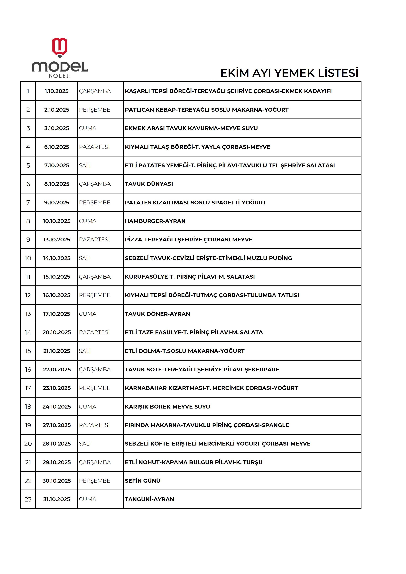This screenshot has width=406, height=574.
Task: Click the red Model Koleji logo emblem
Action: tap(59, 47)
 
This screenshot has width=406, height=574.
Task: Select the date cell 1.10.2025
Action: tap(56, 91)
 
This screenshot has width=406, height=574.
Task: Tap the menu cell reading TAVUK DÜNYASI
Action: tap(149, 184)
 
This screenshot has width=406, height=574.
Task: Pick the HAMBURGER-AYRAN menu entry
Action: tap(155, 221)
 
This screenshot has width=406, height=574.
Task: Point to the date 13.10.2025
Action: tap(56, 239)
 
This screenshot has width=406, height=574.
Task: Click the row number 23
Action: tap(28, 499)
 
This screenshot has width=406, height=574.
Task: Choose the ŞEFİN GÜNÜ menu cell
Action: tap(142, 481)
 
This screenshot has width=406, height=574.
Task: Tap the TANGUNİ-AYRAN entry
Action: tap(149, 499)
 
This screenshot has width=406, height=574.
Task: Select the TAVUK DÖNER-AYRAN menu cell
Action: tap(157, 314)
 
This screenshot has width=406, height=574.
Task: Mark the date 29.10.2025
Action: tap(56, 462)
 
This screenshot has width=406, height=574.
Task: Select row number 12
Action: tap(28, 295)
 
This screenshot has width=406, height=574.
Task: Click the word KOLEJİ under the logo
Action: tap(60, 75)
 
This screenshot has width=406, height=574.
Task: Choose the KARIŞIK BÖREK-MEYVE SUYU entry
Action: tap(167, 407)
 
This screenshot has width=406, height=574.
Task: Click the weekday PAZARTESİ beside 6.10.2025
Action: tap(94, 147)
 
